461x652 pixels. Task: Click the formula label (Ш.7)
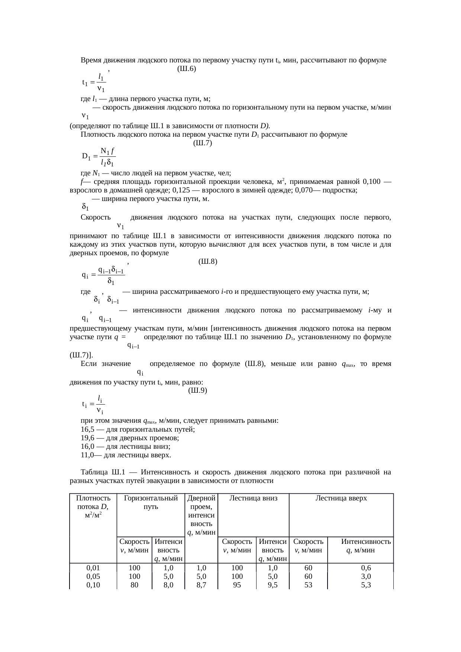(x=203, y=143)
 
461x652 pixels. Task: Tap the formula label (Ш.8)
(x=208, y=262)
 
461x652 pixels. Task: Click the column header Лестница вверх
(x=341, y=499)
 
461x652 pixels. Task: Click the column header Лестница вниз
(x=253, y=499)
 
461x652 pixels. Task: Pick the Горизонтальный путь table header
(x=151, y=502)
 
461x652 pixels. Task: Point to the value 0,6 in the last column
(x=366, y=568)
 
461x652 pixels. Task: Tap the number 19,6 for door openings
(x=87, y=438)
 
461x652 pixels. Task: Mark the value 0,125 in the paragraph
(x=181, y=190)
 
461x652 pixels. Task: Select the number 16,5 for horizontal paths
(x=87, y=429)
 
